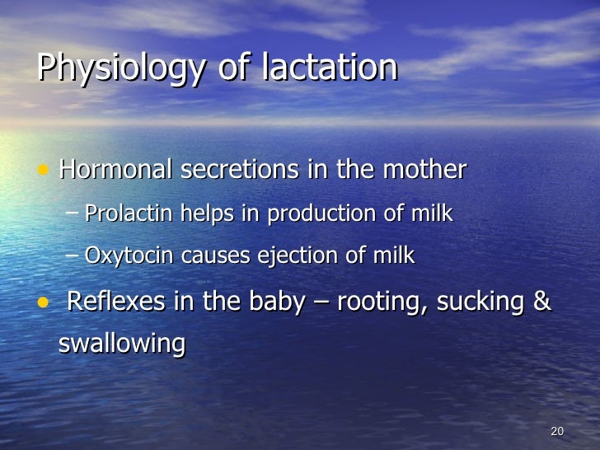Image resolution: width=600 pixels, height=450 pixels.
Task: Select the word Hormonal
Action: point(116,171)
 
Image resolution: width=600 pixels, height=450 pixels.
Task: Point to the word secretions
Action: point(240,171)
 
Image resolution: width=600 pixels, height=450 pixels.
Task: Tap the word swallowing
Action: point(122,343)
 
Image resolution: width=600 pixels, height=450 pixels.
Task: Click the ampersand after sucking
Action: point(541,302)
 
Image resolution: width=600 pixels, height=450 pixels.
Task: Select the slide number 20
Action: point(556,432)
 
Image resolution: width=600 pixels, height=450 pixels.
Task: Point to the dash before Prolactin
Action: point(73,213)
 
